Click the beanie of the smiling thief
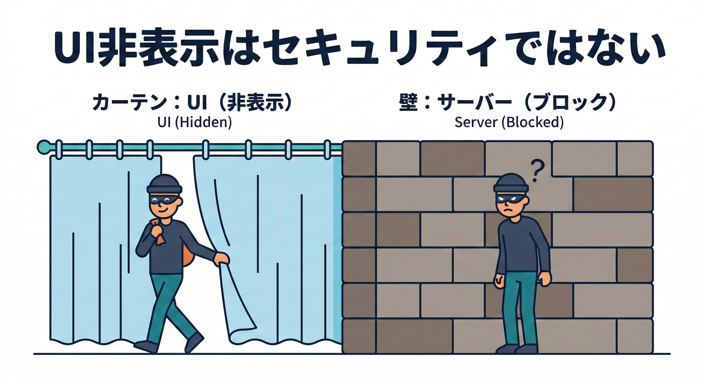pos(163,184)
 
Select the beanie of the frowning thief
pos(510,183)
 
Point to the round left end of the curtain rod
pos(42,146)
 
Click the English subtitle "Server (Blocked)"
pos(509,122)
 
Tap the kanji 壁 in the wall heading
pos(409,103)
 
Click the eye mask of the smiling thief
pos(163,199)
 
